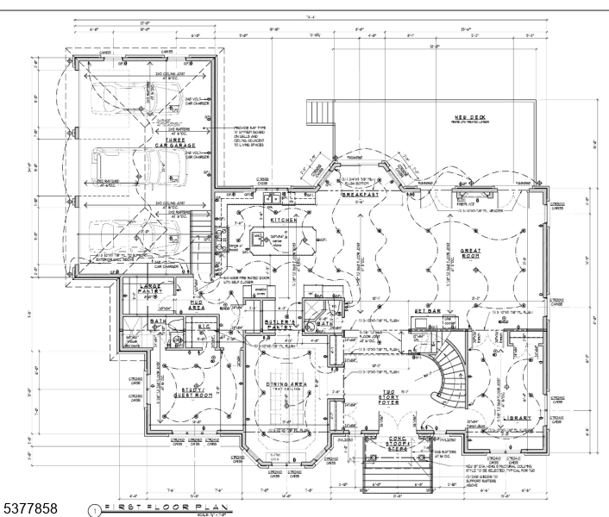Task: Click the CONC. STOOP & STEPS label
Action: click(379, 441)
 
